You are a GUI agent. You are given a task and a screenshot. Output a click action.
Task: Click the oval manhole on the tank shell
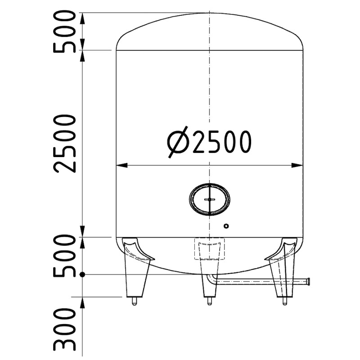point(209,199)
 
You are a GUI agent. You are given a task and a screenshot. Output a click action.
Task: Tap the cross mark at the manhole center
point(209,199)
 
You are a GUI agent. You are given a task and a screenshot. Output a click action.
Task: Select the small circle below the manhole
point(226,225)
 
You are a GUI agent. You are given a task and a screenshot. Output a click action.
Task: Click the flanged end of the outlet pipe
point(308,282)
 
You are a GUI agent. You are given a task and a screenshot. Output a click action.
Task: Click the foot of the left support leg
point(134,301)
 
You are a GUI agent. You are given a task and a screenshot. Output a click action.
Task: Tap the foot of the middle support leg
point(208,301)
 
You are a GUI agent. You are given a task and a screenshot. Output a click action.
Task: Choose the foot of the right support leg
point(284,301)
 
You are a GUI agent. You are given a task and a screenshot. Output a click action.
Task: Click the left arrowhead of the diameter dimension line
point(121,165)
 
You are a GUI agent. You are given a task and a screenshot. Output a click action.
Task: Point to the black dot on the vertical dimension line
point(82,274)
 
